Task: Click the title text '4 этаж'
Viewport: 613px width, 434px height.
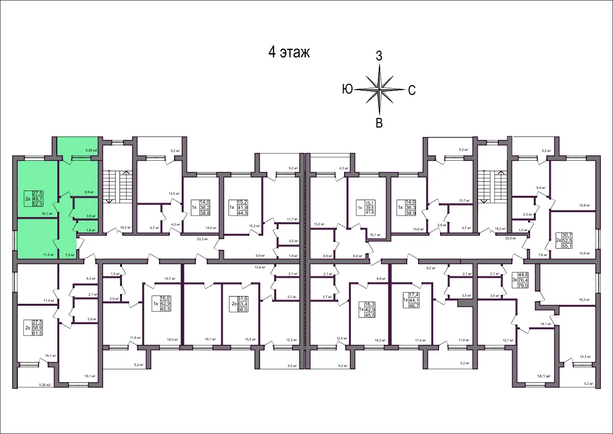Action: [289, 53]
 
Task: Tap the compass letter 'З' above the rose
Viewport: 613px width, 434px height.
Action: [379, 56]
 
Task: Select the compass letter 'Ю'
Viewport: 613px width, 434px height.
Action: [347, 89]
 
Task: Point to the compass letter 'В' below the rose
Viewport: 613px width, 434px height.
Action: [379, 123]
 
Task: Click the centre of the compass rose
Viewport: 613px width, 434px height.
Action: [380, 89]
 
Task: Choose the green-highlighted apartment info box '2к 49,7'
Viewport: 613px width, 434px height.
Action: [35, 198]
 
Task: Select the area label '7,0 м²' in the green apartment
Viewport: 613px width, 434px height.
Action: [69, 255]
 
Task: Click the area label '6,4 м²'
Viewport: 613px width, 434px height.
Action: [357, 256]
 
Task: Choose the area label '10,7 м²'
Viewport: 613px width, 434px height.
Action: [169, 279]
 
